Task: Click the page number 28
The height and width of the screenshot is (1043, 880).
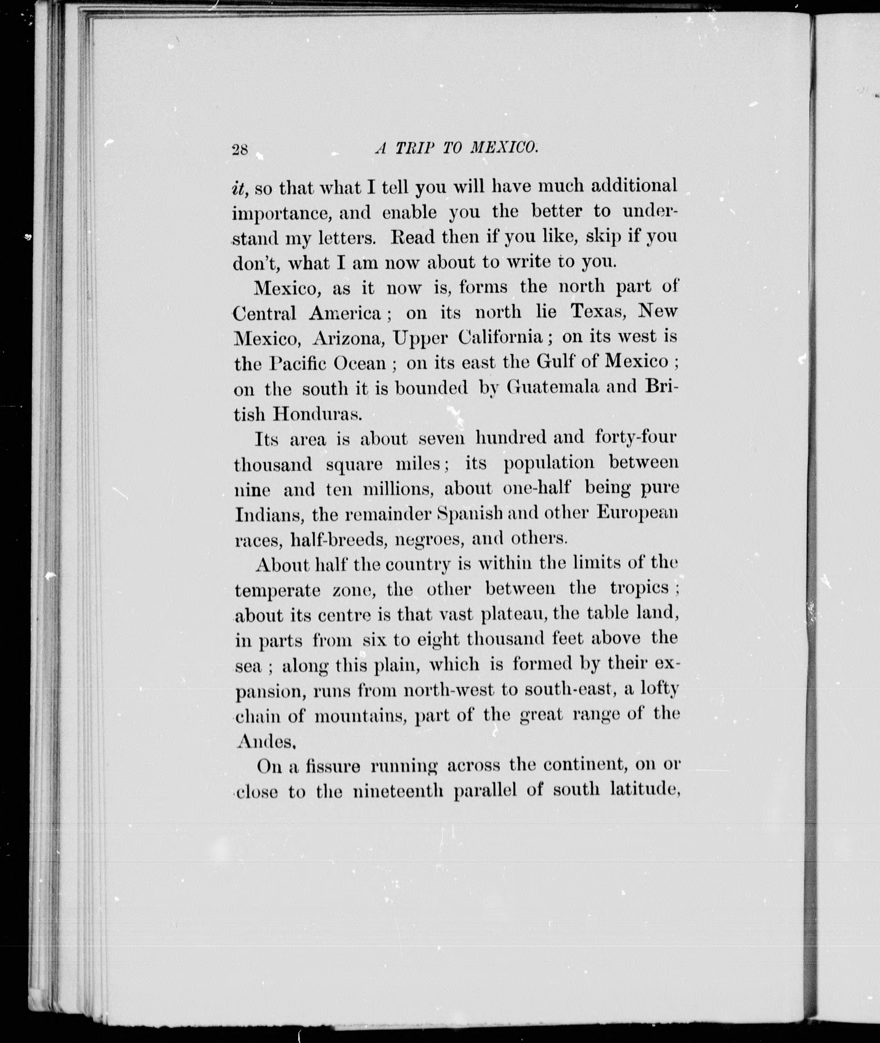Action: pos(240,150)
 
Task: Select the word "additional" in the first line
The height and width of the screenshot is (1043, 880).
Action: pos(633,186)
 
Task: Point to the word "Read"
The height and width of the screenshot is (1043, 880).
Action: pos(412,237)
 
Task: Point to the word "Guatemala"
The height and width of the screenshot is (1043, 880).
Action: pos(552,387)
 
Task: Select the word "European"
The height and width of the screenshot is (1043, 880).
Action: pos(637,513)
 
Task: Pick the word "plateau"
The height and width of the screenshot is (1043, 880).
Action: pos(511,614)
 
